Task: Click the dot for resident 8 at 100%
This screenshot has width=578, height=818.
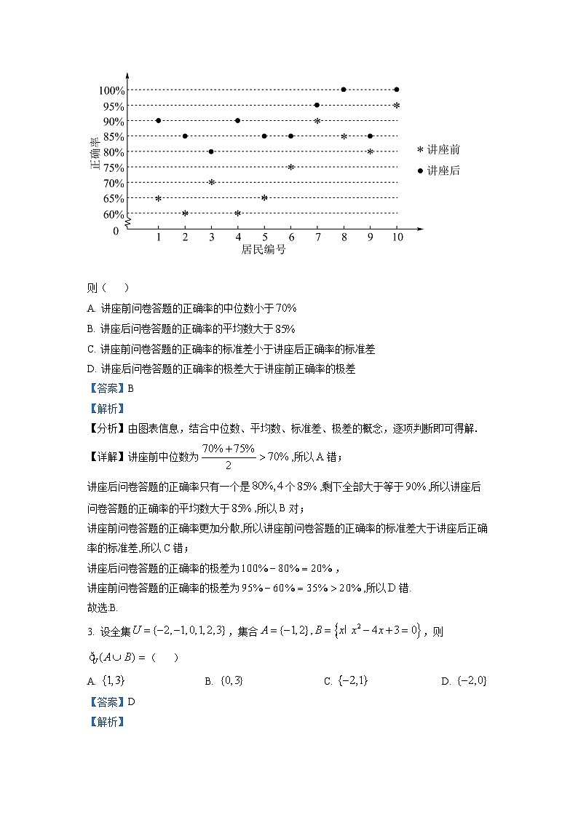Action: tap(344, 90)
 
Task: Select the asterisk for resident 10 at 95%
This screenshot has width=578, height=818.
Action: tap(397, 106)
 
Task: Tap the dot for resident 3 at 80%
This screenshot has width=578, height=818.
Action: tap(211, 152)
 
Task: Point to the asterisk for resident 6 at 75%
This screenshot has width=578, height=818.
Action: tap(290, 168)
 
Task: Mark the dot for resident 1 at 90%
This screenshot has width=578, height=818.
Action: tap(158, 121)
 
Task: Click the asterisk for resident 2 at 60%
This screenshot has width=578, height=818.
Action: tap(185, 213)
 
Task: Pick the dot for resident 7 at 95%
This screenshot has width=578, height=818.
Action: tap(317, 105)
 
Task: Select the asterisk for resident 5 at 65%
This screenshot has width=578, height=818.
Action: tap(264, 198)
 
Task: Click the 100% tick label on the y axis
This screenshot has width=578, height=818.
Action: tap(112, 90)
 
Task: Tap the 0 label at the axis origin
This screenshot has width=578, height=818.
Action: tap(115, 231)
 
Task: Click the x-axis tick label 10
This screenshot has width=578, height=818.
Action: tap(397, 237)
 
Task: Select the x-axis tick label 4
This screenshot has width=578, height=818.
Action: tap(238, 237)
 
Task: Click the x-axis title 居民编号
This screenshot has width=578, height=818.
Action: tap(263, 250)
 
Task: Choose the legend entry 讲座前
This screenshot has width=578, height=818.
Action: tap(439, 150)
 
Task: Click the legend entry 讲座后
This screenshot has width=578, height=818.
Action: tap(439, 170)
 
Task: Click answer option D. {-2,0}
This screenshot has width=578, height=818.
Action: tap(464, 681)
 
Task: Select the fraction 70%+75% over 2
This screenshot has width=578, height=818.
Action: tap(228, 457)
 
